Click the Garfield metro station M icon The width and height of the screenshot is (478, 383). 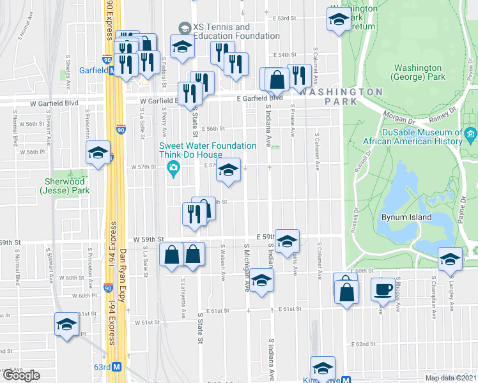112,71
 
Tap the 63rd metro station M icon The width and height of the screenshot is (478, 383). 116,368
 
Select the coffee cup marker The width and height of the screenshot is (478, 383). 383,288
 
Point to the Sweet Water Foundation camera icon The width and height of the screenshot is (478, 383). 173,169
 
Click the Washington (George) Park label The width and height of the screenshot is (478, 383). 419,72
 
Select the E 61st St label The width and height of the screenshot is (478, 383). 290,309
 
